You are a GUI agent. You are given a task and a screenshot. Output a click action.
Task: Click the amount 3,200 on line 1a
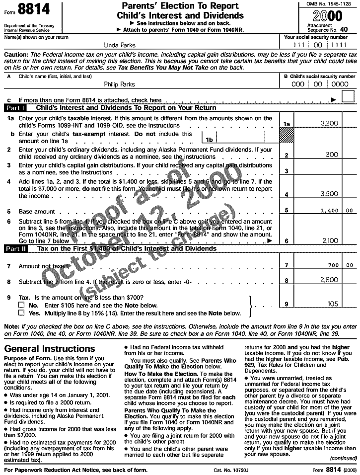pos(329,123)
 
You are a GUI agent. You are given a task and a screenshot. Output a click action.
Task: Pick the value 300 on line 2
pos(331,155)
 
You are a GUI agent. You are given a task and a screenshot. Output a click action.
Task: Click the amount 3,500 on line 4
pos(329,194)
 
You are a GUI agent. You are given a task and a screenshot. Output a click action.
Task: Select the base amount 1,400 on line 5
pos(329,211)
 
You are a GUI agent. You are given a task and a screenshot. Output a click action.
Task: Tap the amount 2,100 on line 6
pos(329,240)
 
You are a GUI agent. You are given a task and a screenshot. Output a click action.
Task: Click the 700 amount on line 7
pos(332,266)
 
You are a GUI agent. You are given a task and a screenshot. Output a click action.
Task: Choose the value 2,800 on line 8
pos(329,280)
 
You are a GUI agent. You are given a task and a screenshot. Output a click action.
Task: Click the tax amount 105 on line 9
pos(332,304)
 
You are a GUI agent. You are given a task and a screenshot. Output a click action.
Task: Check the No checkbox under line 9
pos(21,305)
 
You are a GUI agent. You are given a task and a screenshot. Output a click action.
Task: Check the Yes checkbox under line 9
pos(21,314)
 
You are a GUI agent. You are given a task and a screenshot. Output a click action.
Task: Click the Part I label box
pos(15,108)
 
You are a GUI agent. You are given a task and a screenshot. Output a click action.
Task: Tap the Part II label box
pos(16,248)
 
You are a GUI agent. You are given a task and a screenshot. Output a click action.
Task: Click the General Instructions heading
pos(49,349)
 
